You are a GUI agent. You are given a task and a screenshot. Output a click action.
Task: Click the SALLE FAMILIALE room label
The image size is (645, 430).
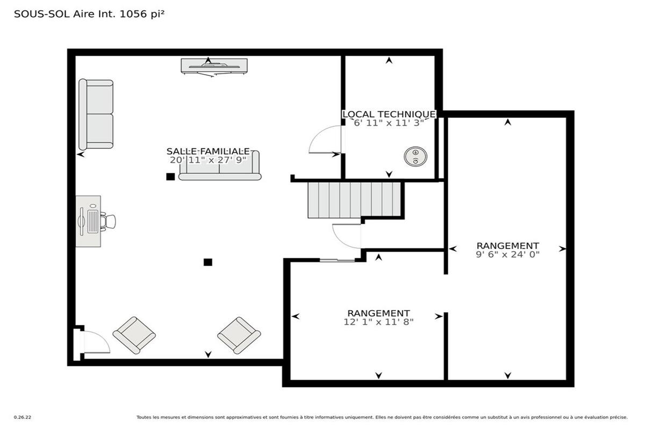[x=208, y=151]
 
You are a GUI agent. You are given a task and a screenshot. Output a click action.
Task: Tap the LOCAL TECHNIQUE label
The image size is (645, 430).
[x=389, y=114]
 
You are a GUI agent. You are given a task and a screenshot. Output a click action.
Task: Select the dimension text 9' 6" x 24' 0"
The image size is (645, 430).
[x=507, y=255]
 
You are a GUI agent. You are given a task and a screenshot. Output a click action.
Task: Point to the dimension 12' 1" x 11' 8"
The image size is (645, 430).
[x=378, y=322]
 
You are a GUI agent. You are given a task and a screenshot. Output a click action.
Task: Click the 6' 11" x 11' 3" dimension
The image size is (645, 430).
[x=389, y=123]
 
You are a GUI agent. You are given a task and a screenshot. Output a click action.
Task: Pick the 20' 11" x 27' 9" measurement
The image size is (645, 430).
[x=208, y=160]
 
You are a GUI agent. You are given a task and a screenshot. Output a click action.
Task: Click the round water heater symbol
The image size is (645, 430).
[x=415, y=156]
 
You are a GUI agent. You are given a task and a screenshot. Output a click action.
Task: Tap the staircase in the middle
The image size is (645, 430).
[x=354, y=200]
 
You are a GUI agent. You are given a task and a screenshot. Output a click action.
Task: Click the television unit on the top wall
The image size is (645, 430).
[x=214, y=67]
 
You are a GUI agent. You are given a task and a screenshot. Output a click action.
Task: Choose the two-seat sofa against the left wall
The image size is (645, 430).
[x=96, y=114]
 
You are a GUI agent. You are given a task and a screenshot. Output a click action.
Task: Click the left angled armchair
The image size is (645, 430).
[x=134, y=335]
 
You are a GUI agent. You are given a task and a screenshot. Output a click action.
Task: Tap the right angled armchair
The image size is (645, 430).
[x=239, y=335]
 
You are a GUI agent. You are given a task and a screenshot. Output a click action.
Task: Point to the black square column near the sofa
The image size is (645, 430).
[x=170, y=176]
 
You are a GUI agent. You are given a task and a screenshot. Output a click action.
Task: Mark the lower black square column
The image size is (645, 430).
[x=208, y=262]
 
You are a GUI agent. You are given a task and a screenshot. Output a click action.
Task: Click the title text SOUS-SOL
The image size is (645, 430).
[x=42, y=14]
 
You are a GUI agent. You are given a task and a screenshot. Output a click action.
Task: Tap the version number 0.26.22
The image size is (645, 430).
[x=23, y=417]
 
